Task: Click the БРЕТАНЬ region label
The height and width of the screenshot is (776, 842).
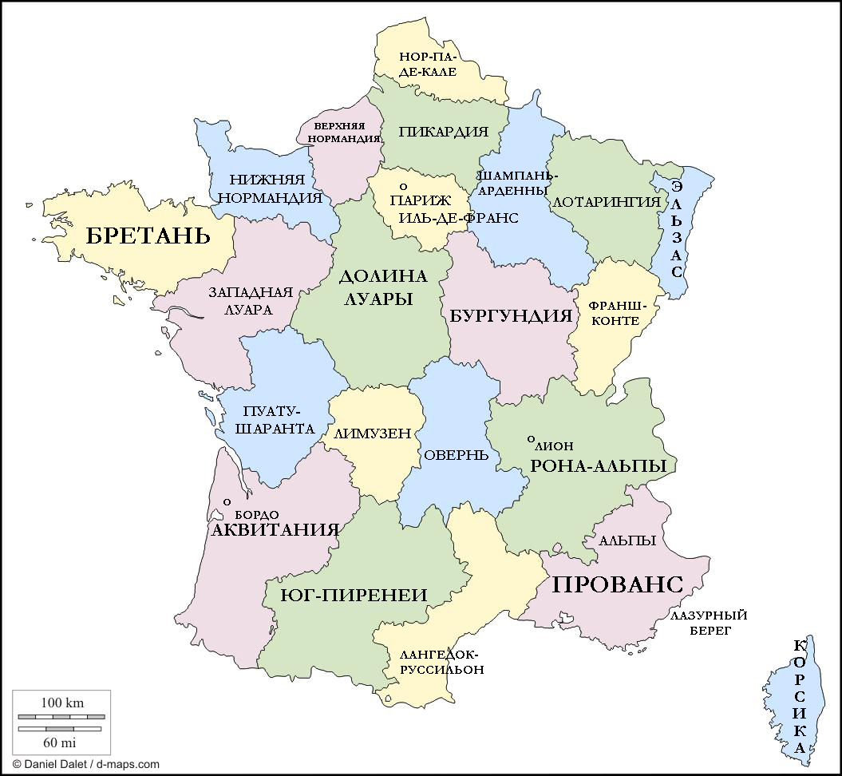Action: [x=148, y=236]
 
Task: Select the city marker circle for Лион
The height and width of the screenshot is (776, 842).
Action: [x=532, y=439]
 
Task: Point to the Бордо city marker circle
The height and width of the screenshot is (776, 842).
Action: [x=227, y=501]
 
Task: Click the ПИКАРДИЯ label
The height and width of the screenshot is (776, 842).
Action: [x=443, y=132]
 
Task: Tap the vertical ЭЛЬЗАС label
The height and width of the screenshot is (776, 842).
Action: [x=677, y=229]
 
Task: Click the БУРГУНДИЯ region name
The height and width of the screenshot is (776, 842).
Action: [x=512, y=315]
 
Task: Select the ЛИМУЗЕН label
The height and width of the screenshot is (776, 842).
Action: [x=373, y=434]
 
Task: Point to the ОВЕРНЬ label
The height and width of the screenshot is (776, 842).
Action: [x=456, y=454]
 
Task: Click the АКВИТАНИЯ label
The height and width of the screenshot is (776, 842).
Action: [x=275, y=529]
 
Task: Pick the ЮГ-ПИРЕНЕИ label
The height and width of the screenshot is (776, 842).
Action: [x=354, y=595]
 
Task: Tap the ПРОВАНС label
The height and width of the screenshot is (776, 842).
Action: [x=618, y=584]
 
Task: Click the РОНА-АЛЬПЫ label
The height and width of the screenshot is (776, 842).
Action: [x=599, y=466]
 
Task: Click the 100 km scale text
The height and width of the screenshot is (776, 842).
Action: [x=62, y=703]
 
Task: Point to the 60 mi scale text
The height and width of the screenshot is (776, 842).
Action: [x=62, y=742]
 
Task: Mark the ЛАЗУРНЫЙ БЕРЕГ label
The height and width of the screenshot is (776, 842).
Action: [x=709, y=623]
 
